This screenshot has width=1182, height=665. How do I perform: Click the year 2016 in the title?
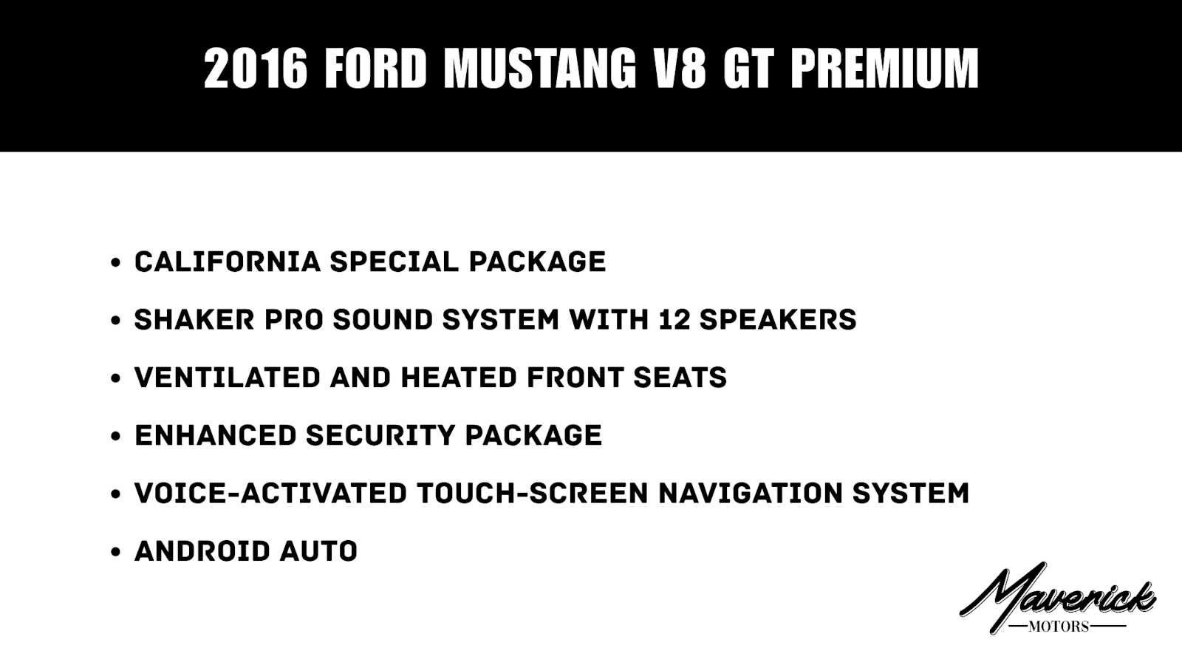[x=256, y=68]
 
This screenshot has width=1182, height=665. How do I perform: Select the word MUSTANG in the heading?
[x=540, y=68]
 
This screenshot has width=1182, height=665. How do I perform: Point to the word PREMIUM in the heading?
[x=884, y=68]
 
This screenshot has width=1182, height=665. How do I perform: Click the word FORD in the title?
[x=376, y=68]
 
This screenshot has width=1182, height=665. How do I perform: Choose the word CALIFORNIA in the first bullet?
[x=228, y=262]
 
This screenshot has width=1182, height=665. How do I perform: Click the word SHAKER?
[x=194, y=320]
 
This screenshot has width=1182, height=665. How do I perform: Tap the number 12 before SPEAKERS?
[x=674, y=320]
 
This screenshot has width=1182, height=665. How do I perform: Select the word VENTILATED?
[x=228, y=378]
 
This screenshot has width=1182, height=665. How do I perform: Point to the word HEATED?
[x=459, y=378]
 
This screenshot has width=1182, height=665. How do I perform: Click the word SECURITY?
[x=380, y=436]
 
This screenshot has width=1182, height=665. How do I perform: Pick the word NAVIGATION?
[x=751, y=494]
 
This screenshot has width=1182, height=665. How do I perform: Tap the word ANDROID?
[x=202, y=552]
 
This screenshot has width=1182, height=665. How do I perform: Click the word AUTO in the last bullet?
[x=318, y=552]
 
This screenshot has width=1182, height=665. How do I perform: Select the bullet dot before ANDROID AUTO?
[x=115, y=553]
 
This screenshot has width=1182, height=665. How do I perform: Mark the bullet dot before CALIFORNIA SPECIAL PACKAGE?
[x=115, y=262]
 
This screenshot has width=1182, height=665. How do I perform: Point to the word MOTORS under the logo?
[x=1059, y=627]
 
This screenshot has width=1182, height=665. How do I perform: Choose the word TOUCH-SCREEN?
[x=533, y=494]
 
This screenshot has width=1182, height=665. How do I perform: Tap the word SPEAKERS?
[x=778, y=320]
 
